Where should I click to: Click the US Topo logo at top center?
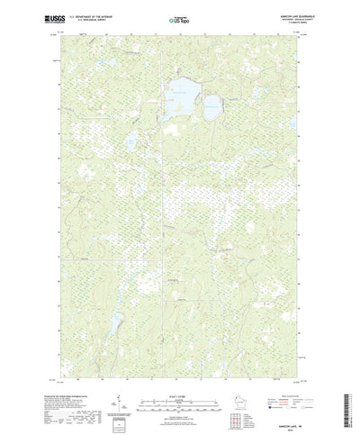tap(179, 17)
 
